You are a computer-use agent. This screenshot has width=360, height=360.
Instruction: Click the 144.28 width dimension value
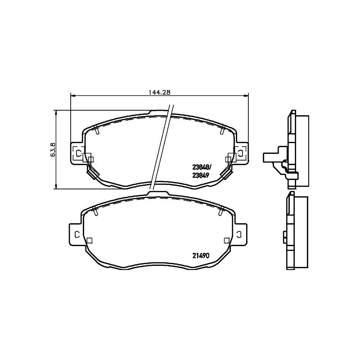[x=160, y=92]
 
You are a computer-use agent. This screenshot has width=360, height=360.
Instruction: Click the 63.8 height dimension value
[x=53, y=150]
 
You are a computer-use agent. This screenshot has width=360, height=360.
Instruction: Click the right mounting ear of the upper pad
[x=242, y=153]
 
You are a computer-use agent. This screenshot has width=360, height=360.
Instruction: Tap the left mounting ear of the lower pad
[x=76, y=234]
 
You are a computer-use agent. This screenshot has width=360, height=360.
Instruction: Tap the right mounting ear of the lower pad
[x=241, y=234]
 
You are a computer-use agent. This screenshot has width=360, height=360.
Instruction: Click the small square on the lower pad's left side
[x=90, y=240]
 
